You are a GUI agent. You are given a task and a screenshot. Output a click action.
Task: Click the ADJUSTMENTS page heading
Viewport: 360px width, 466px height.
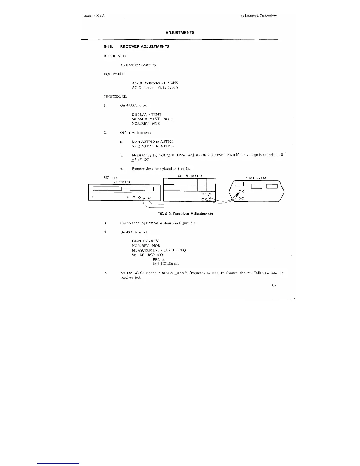coord(180,33)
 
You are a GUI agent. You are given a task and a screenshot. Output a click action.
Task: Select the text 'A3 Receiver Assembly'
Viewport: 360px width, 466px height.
coord(138,65)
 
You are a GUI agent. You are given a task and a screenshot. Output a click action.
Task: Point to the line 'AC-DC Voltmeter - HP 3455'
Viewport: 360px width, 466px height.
coord(155,83)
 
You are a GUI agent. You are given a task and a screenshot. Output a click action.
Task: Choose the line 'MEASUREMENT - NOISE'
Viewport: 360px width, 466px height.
coord(153,119)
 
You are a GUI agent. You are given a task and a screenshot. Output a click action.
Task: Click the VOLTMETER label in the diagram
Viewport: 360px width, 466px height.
coord(122,182)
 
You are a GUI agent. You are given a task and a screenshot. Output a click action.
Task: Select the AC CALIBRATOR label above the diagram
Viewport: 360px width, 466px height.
coord(190,176)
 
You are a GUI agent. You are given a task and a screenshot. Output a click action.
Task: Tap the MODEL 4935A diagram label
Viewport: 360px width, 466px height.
coord(256,178)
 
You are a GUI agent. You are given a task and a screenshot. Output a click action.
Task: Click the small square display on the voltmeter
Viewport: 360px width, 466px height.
coord(151,189)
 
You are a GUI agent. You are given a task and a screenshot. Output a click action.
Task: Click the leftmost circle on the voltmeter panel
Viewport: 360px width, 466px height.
coord(93,197)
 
